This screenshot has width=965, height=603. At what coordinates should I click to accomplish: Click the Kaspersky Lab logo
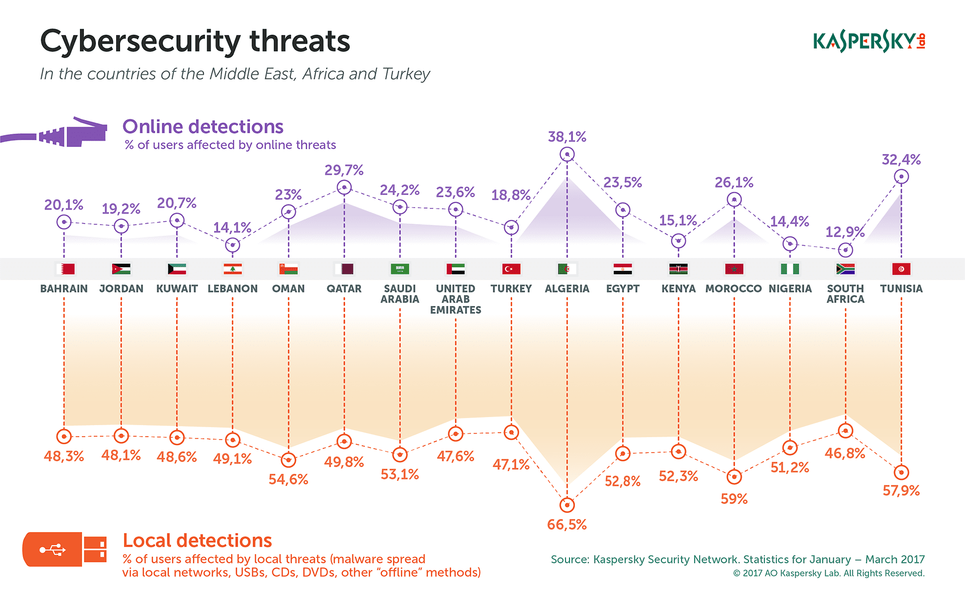(869, 41)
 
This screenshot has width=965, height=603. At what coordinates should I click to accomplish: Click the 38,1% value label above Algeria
(567, 137)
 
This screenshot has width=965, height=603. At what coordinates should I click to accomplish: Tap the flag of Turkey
(511, 269)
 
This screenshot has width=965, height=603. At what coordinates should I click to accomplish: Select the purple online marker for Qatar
(344, 188)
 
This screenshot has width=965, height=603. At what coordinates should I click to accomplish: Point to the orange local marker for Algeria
(567, 505)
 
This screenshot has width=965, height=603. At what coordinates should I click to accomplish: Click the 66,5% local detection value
(567, 525)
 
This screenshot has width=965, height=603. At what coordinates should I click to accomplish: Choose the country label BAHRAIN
(64, 289)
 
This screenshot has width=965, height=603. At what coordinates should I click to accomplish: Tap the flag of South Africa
(845, 269)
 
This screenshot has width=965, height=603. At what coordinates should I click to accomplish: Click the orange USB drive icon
(64, 549)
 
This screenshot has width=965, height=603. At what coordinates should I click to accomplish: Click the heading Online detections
(203, 127)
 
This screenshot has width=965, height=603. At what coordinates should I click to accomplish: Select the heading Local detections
(197, 541)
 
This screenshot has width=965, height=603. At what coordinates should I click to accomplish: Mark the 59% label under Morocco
(734, 499)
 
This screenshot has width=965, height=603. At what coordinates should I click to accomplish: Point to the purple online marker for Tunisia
(901, 177)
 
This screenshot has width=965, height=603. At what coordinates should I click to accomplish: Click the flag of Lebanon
(233, 269)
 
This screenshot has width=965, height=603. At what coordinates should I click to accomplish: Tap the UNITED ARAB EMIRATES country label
(455, 299)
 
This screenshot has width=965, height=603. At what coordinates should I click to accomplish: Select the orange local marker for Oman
(288, 460)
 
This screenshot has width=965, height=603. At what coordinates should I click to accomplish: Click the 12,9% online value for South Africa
(845, 232)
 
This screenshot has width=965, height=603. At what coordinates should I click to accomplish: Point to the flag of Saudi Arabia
(400, 269)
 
